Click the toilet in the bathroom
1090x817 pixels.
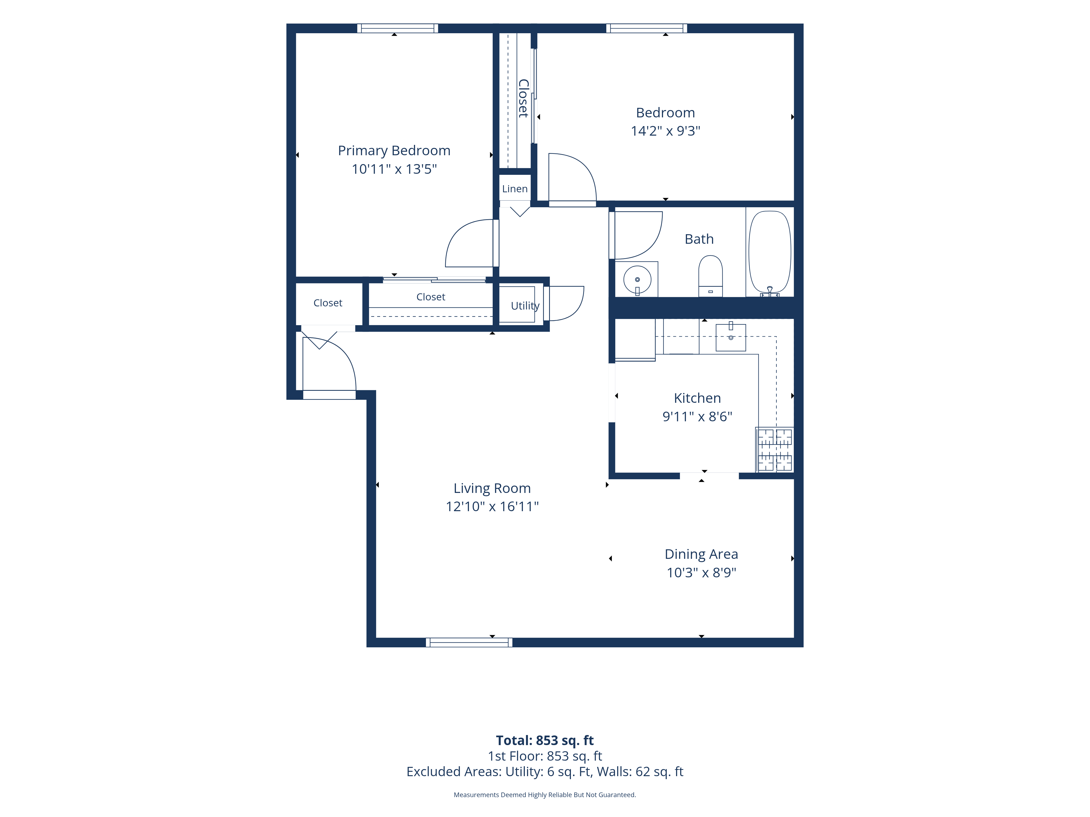pyautogui.click(x=711, y=276)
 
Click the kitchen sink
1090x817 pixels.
pyautogui.click(x=731, y=337)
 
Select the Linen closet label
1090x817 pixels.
pyautogui.click(x=515, y=189)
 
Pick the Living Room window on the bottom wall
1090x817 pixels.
pyautogui.click(x=469, y=642)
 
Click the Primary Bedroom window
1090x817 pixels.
pyautogui.click(x=398, y=28)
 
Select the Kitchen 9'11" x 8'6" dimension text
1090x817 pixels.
pyautogui.click(x=697, y=417)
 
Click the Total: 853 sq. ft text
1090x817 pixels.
pyautogui.click(x=545, y=740)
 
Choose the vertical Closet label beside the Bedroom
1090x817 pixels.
pyautogui.click(x=523, y=99)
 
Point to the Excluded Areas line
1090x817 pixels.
pyautogui.click(x=545, y=772)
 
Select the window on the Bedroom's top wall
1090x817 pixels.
pyautogui.click(x=647, y=28)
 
